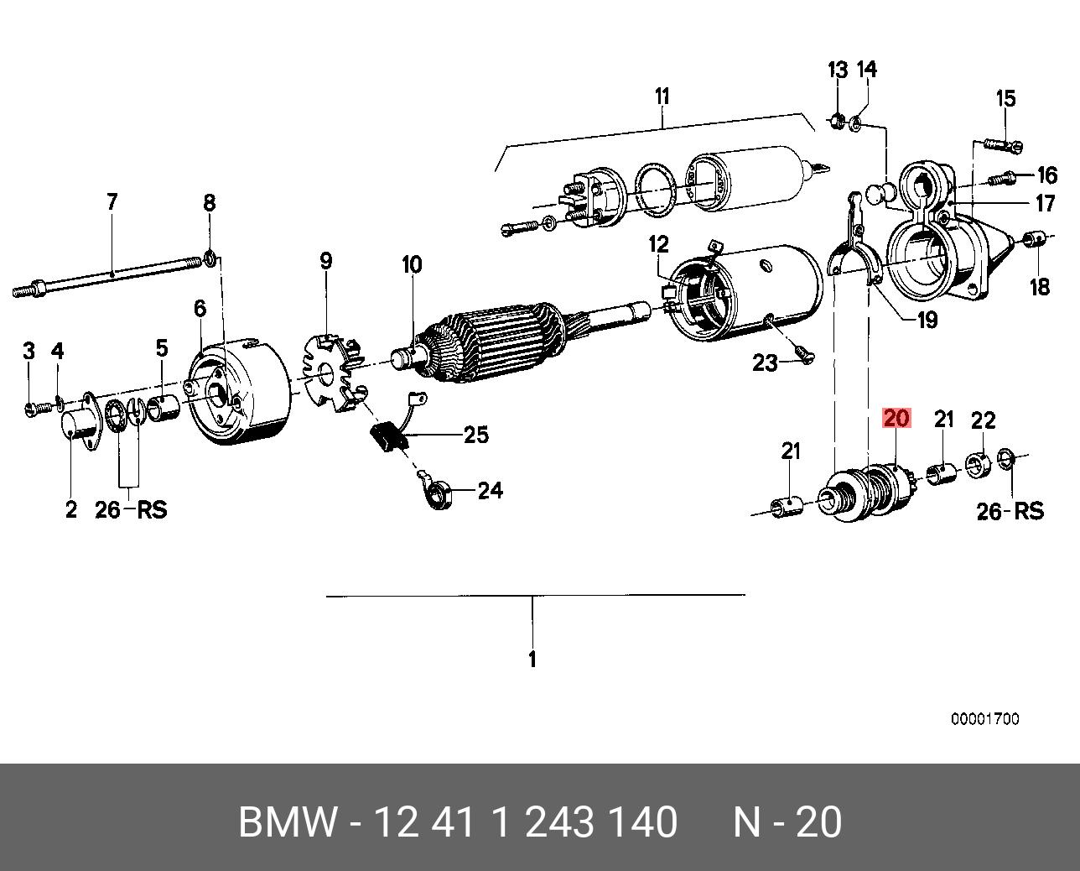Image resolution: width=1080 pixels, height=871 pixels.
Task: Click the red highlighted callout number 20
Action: pos(896,418)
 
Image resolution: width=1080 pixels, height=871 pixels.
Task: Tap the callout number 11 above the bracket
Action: pos(662,96)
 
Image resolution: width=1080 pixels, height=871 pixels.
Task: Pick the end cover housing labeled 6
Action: pos(239,390)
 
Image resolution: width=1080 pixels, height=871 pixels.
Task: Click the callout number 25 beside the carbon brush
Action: pos(475,435)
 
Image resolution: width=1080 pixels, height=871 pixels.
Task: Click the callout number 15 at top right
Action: pos(1005,99)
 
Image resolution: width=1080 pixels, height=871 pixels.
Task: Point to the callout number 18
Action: pos(1039,287)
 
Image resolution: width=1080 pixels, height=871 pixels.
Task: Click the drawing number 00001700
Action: pos(984,719)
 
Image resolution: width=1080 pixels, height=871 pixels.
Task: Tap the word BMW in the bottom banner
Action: pos(288,822)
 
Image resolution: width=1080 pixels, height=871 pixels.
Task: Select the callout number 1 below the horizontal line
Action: pos(532,660)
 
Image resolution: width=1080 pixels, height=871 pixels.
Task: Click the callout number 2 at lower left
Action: pos(71,509)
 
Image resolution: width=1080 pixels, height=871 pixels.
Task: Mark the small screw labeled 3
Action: pos(31,409)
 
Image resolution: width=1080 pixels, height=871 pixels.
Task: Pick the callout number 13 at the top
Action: pos(838,70)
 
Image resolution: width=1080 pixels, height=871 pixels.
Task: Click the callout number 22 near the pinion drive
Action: pos(983,420)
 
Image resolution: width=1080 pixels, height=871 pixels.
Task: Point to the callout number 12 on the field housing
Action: pos(659,244)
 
